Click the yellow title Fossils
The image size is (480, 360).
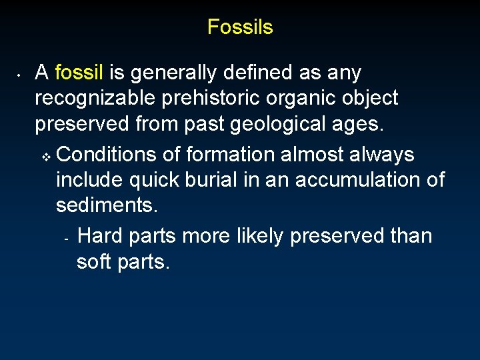tap(240, 27)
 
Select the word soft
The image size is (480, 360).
tap(93, 262)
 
